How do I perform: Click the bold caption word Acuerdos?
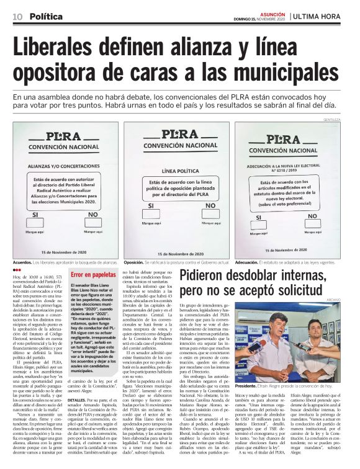point(22,262)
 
